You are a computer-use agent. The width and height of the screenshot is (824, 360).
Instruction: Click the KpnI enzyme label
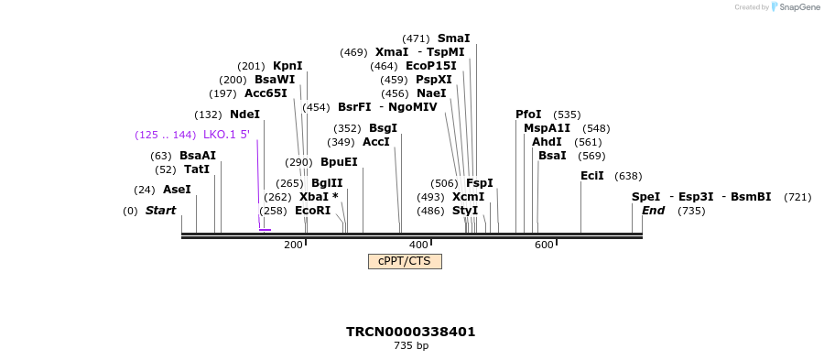(287, 66)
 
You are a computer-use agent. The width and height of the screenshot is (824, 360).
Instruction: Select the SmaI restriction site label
(453, 38)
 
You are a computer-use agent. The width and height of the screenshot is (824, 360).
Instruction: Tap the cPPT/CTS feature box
(405, 262)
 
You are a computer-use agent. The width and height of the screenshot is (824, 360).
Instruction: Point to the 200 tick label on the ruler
(293, 245)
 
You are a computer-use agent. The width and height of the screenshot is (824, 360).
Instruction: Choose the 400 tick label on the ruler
(418, 245)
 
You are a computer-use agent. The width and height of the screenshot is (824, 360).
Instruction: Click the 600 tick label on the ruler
(544, 245)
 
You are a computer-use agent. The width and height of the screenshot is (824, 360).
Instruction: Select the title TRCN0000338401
(410, 332)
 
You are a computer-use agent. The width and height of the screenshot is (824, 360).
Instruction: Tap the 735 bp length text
(410, 346)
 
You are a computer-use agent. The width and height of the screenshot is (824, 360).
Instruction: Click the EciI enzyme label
(592, 176)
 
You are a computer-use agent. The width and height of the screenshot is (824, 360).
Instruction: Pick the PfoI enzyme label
(528, 115)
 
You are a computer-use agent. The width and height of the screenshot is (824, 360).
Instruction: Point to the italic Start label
(160, 211)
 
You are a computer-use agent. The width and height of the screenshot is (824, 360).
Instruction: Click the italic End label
(653, 211)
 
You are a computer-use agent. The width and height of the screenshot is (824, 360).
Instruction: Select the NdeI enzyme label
(244, 115)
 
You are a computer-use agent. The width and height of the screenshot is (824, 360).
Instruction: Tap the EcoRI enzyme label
(312, 211)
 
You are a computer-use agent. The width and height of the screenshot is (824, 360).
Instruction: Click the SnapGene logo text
(799, 7)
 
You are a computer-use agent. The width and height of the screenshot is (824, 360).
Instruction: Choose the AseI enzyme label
(177, 190)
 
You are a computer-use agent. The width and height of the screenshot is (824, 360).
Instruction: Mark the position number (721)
(797, 197)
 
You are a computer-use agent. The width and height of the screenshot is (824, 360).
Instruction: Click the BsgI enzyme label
(383, 128)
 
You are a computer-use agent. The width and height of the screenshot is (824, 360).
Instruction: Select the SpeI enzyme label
(645, 197)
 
